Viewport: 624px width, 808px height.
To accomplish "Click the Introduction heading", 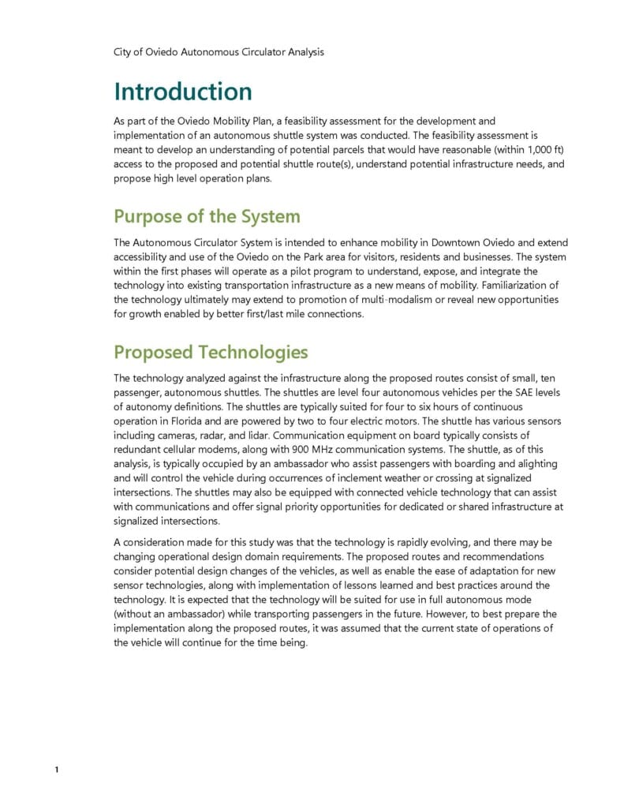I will pos(183,92).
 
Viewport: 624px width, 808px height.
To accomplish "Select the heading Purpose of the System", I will pos(207,215).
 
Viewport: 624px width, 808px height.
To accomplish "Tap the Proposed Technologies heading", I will pos(211,351).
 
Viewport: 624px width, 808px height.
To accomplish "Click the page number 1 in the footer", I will pos(57,769).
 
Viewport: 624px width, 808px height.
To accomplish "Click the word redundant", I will pos(138,450).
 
